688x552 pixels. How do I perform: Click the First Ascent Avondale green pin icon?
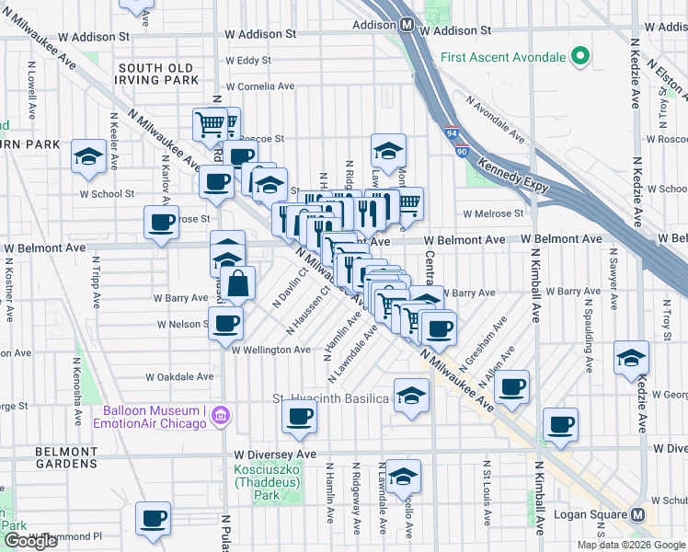click(x=580, y=58)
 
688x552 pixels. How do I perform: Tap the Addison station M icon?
click(x=405, y=26)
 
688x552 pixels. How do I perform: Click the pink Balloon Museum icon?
click(x=219, y=417)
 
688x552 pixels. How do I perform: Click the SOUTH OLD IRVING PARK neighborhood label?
click(x=157, y=74)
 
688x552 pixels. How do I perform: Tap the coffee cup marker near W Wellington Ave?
click(x=225, y=323)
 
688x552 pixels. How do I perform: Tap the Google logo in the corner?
click(x=30, y=541)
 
